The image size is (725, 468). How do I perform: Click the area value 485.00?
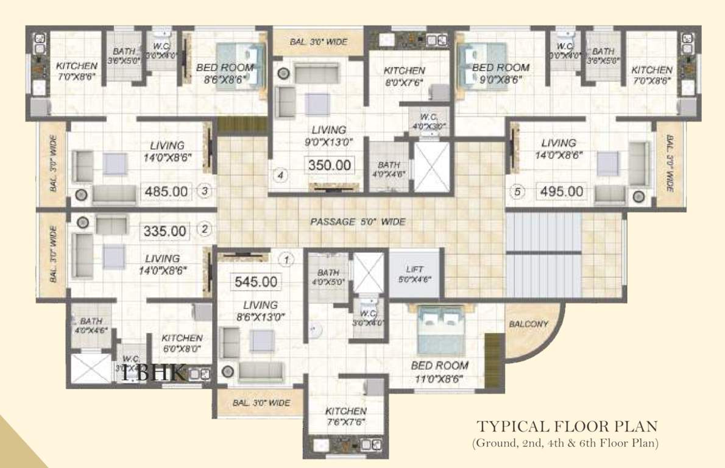(166, 191)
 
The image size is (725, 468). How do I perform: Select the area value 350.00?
(329, 165)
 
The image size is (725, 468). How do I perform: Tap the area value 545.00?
(256, 282)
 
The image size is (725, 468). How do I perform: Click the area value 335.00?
(164, 231)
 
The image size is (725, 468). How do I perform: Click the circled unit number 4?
(281, 177)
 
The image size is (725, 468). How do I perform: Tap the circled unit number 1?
(286, 260)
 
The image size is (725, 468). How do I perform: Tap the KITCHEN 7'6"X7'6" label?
(345, 417)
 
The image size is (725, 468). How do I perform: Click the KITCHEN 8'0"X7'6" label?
(404, 76)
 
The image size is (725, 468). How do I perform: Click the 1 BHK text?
(154, 373)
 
